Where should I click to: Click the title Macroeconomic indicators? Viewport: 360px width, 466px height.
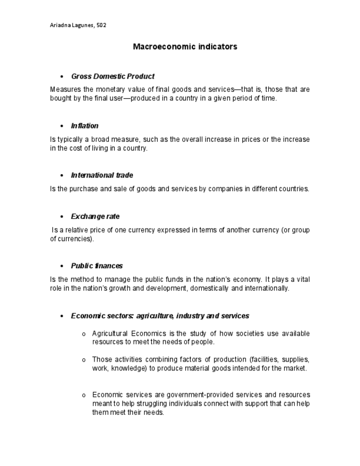(185, 47)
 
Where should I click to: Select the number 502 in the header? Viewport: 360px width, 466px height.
(101, 25)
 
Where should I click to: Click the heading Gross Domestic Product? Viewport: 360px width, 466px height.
(113, 76)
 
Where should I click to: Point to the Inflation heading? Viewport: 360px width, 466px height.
(85, 126)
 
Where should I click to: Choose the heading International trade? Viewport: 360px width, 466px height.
(102, 175)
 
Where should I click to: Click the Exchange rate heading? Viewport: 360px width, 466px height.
(95, 217)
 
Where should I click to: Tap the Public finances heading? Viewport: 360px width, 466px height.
(97, 266)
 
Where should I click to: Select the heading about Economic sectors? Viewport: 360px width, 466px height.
(160, 316)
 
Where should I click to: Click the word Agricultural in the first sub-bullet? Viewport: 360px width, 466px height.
(109, 334)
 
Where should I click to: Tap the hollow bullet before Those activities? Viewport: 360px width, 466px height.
(84, 360)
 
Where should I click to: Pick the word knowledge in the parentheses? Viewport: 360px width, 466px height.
(128, 368)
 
